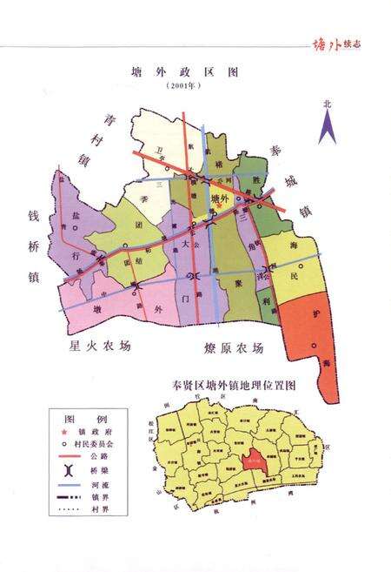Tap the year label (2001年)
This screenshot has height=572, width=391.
tap(183, 87)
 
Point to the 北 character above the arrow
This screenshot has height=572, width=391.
tap(328, 104)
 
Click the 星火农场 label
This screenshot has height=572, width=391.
tap(102, 345)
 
